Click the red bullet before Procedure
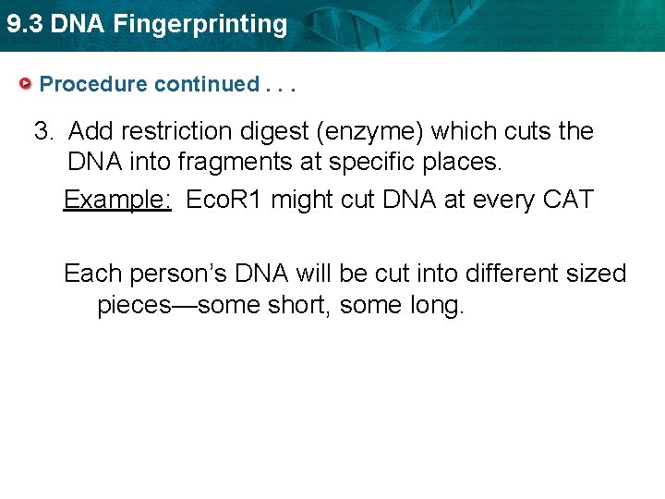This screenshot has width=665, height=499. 26,84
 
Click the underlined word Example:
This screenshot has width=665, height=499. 116,199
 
